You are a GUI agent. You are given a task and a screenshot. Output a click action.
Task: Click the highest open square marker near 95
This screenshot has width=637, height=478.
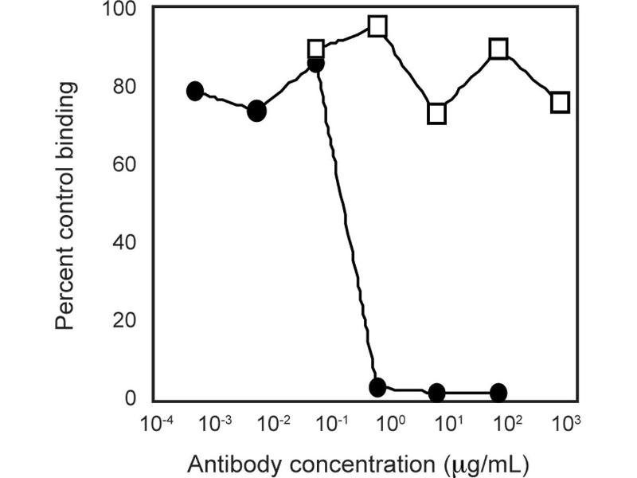coord(377,26)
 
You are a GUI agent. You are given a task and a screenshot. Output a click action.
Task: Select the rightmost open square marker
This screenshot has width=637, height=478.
coord(560,102)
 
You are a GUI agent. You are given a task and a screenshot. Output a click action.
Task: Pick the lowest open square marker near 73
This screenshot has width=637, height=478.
coord(436,114)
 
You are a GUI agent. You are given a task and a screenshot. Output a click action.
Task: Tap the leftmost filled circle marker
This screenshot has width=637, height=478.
coord(195,91)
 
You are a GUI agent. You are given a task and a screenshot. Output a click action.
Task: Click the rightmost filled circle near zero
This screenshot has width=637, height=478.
coord(498,393)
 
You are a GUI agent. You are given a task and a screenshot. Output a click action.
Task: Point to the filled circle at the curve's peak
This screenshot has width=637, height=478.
coord(316,64)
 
